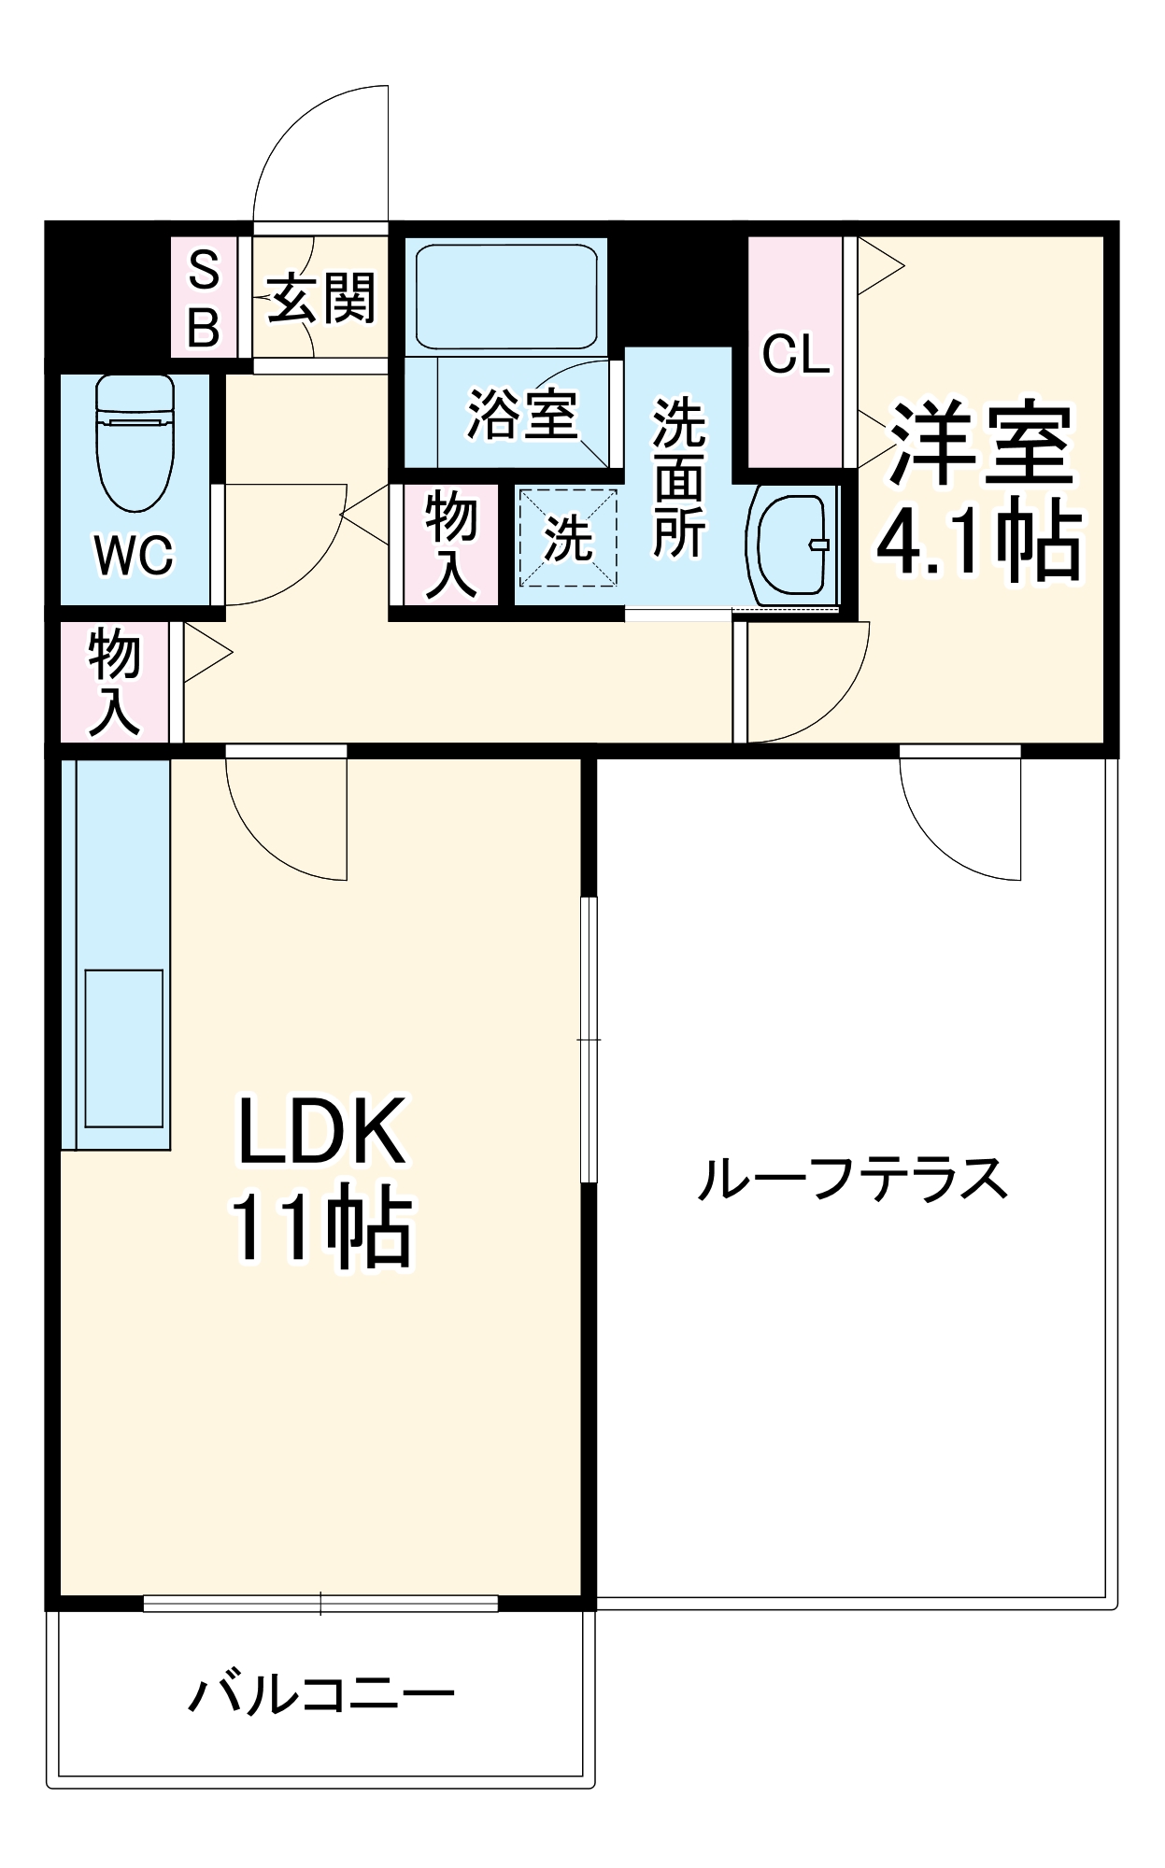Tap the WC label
(x=135, y=556)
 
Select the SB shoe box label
(x=204, y=298)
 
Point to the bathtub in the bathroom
(x=505, y=295)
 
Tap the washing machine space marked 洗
(x=568, y=538)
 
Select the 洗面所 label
(x=678, y=478)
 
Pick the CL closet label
(x=796, y=354)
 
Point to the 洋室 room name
(x=980, y=445)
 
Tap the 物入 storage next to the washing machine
(x=451, y=545)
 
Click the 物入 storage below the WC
(x=114, y=682)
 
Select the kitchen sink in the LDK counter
(x=124, y=1048)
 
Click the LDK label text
(x=322, y=1131)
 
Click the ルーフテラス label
(x=852, y=1179)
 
